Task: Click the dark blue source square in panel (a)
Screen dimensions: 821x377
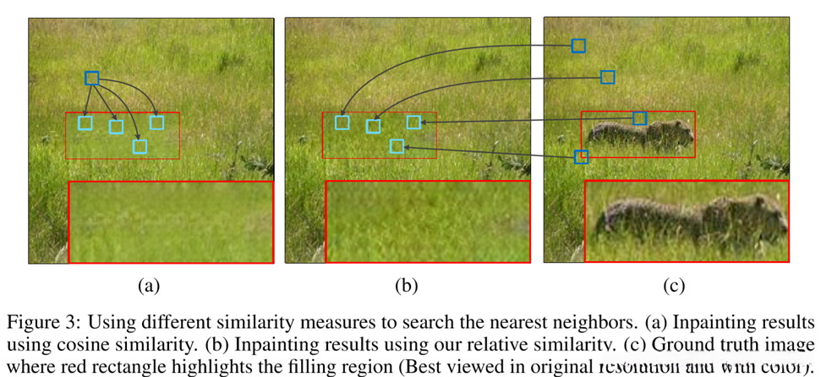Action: click(x=91, y=79)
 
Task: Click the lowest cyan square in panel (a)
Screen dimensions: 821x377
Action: click(x=140, y=146)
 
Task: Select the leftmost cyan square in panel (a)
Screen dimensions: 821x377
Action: click(x=85, y=123)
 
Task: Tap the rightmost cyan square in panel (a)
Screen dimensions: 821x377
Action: click(x=156, y=123)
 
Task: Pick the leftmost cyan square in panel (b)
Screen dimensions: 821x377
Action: click(x=342, y=123)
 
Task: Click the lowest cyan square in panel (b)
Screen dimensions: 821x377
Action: click(x=397, y=146)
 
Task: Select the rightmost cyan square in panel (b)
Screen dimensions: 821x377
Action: click(x=413, y=123)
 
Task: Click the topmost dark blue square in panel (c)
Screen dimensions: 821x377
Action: click(x=577, y=46)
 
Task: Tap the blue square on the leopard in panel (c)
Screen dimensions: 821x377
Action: click(x=639, y=118)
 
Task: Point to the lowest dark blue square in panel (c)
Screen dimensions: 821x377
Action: click(x=581, y=156)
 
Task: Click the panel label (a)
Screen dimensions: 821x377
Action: click(x=149, y=286)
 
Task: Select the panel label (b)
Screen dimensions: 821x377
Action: click(x=407, y=286)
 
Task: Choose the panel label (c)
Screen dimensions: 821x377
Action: click(x=674, y=286)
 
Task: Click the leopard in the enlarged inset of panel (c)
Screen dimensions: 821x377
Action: click(x=689, y=216)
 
